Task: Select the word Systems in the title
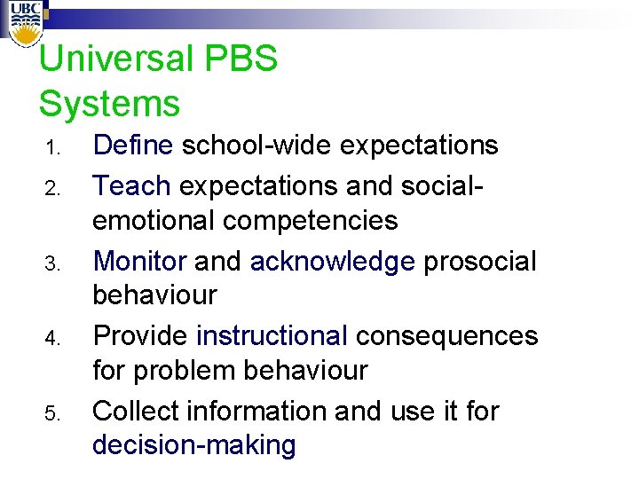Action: click(109, 104)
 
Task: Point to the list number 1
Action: click(51, 147)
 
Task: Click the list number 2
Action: click(51, 188)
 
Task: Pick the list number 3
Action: click(51, 263)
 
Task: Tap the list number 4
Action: click(51, 339)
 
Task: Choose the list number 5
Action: click(51, 414)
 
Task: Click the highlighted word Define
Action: click(134, 145)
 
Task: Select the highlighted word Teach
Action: click(131, 185)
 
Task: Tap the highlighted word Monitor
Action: click(139, 262)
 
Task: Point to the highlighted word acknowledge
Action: click(333, 262)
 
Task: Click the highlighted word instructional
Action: click(272, 336)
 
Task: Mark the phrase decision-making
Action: click(193, 445)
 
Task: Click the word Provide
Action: click(140, 336)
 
